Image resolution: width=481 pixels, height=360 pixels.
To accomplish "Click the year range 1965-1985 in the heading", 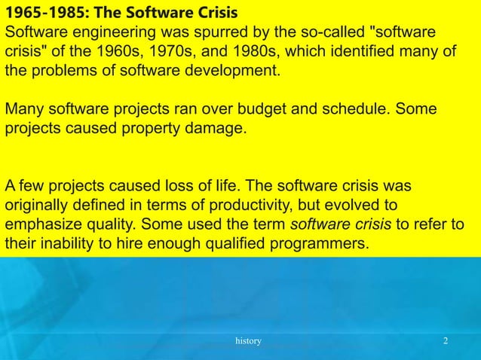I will point(39,14).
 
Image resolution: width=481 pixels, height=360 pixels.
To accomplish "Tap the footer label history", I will point(248,342).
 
